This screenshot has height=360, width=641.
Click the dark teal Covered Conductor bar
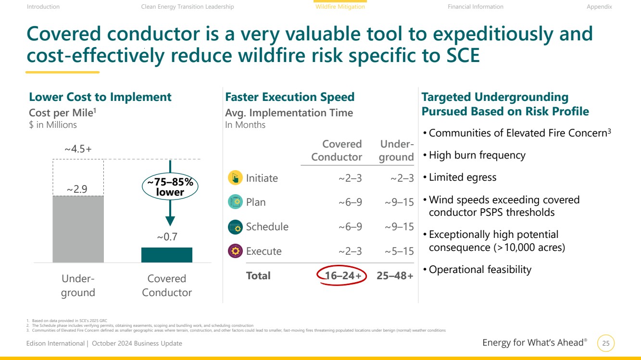pos(167,255)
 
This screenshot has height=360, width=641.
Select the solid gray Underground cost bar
pos(78,229)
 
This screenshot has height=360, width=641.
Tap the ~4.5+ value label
pos(78,149)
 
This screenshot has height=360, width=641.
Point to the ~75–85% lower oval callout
pos(170,186)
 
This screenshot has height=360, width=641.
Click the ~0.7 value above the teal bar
pos(167,237)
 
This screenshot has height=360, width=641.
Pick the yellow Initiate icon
pos(235,177)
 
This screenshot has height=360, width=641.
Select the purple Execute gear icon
pos(235,251)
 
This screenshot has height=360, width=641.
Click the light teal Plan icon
pos(235,202)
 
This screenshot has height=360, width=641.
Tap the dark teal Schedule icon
pos(235,227)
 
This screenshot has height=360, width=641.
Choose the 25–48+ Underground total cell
pos(395,275)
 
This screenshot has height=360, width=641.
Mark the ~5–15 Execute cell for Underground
pos(399,251)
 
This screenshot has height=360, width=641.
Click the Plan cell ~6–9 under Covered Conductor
pos(350,202)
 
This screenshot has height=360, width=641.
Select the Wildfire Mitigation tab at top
pos(340,7)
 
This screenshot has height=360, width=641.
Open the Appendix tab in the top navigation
pos(599,7)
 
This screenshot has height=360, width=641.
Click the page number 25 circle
pos(606,343)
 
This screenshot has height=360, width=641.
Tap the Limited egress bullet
pos(460,177)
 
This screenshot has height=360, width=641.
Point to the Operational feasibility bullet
pos(478,269)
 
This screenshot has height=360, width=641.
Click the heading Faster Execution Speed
pos(290,97)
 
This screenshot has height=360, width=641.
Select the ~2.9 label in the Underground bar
pos(77,189)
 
